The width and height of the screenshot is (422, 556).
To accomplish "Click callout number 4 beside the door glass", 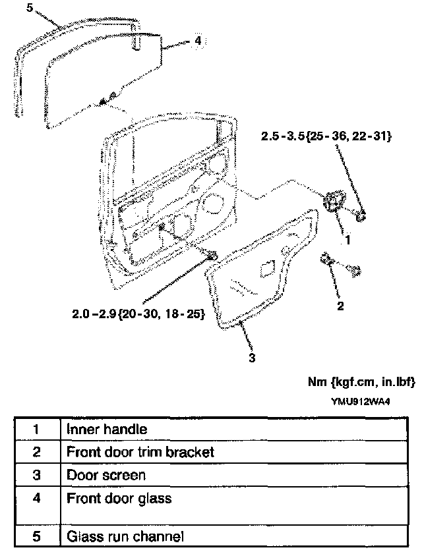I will click(x=197, y=40).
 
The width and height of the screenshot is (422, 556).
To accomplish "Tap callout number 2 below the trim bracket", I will click(x=340, y=306).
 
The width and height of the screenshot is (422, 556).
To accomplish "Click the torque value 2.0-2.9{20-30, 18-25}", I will click(x=138, y=315).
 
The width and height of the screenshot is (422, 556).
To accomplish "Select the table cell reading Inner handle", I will click(x=106, y=429).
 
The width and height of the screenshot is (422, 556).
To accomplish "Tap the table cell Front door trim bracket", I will click(x=140, y=452).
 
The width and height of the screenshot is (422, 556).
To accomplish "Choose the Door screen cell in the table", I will click(x=106, y=474).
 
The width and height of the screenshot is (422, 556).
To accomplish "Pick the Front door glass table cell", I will click(x=119, y=498).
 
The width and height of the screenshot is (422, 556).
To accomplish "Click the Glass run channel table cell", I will click(x=125, y=536).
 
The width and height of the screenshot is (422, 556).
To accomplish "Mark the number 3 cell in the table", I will click(x=37, y=474).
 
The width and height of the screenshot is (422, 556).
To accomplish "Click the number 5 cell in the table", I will click(x=37, y=536).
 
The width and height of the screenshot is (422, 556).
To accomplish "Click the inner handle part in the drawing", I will click(x=336, y=200).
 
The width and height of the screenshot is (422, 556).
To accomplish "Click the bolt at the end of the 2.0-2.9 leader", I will click(x=212, y=256).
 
